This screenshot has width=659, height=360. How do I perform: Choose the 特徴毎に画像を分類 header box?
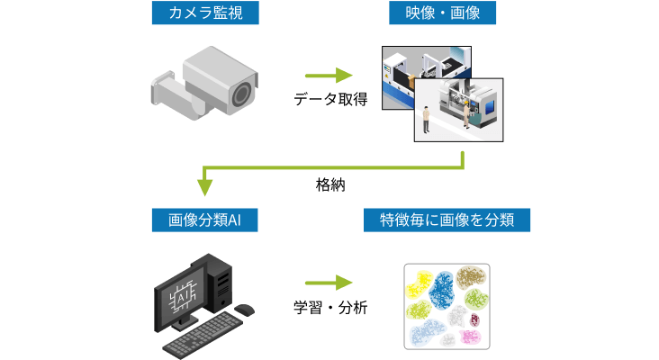pyautogui.click(x=445, y=220)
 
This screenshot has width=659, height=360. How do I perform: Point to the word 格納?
pyautogui.click(x=330, y=184)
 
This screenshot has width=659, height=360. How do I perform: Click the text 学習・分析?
pyautogui.click(x=330, y=306)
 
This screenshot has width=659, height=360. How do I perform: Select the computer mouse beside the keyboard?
pyautogui.click(x=244, y=310)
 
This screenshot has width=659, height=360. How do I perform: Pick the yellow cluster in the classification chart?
pyautogui.click(x=419, y=285)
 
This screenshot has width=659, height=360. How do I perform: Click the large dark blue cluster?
pyautogui.click(x=443, y=290)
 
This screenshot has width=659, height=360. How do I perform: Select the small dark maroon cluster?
pyautogui.click(x=474, y=319)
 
